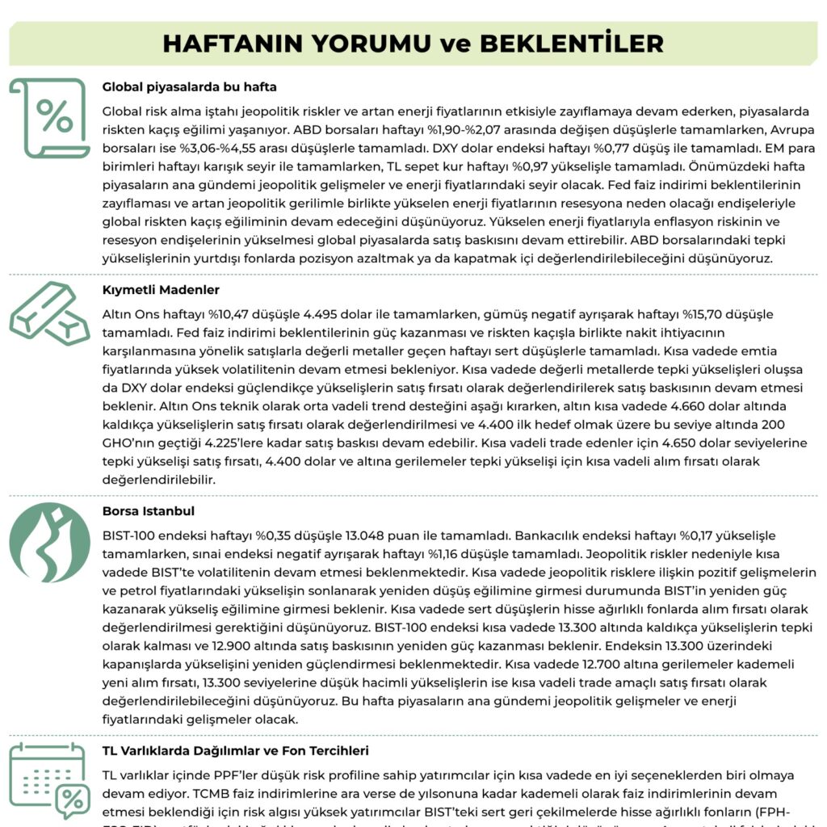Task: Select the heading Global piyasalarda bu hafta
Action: [190, 87]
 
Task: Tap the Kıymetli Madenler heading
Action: [161, 290]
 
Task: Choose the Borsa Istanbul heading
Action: [149, 511]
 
